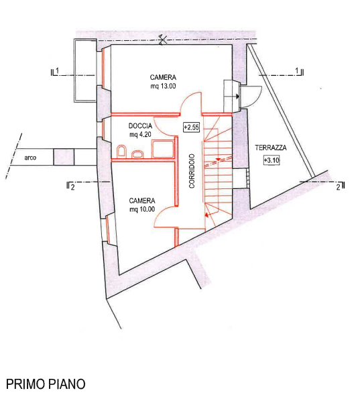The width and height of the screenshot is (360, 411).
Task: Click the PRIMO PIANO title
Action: [46, 384]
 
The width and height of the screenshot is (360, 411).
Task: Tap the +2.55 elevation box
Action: [191, 127]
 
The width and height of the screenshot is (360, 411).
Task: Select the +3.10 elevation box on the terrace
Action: [272, 160]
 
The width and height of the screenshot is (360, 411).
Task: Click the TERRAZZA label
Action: [271, 148]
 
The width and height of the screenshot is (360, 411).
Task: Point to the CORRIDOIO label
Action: [192, 171]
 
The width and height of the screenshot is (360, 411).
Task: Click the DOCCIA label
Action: [140, 126]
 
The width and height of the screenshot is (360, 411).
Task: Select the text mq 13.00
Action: [163, 86]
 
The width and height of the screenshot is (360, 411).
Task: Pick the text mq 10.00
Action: [142, 209]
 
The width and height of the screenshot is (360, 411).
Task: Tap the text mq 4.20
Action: [140, 135]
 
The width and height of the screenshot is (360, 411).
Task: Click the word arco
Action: [30, 158]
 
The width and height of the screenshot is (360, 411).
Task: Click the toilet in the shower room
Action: [121, 152]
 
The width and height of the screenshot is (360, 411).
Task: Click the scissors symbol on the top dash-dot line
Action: [163, 40]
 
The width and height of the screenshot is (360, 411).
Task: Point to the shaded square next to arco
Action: [64, 157]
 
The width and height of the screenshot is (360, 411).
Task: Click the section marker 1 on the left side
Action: [55, 72]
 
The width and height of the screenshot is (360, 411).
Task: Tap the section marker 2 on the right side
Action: [341, 186]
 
